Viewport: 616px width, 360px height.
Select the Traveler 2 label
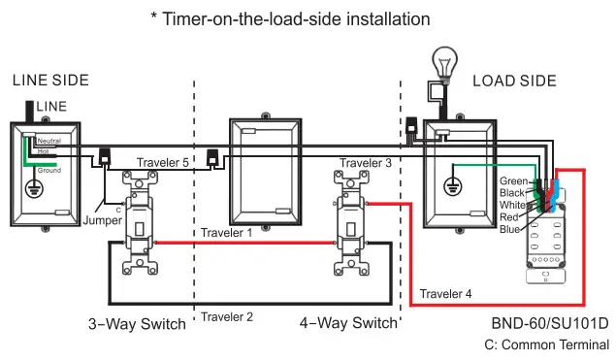click(x=227, y=316)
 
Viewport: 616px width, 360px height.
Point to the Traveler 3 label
click(x=366, y=163)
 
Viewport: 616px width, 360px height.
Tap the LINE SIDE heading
click(x=49, y=81)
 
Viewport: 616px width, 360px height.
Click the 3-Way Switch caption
click(x=137, y=323)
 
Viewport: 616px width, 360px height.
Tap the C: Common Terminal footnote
click(x=547, y=344)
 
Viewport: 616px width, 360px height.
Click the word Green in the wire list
click(x=513, y=181)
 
